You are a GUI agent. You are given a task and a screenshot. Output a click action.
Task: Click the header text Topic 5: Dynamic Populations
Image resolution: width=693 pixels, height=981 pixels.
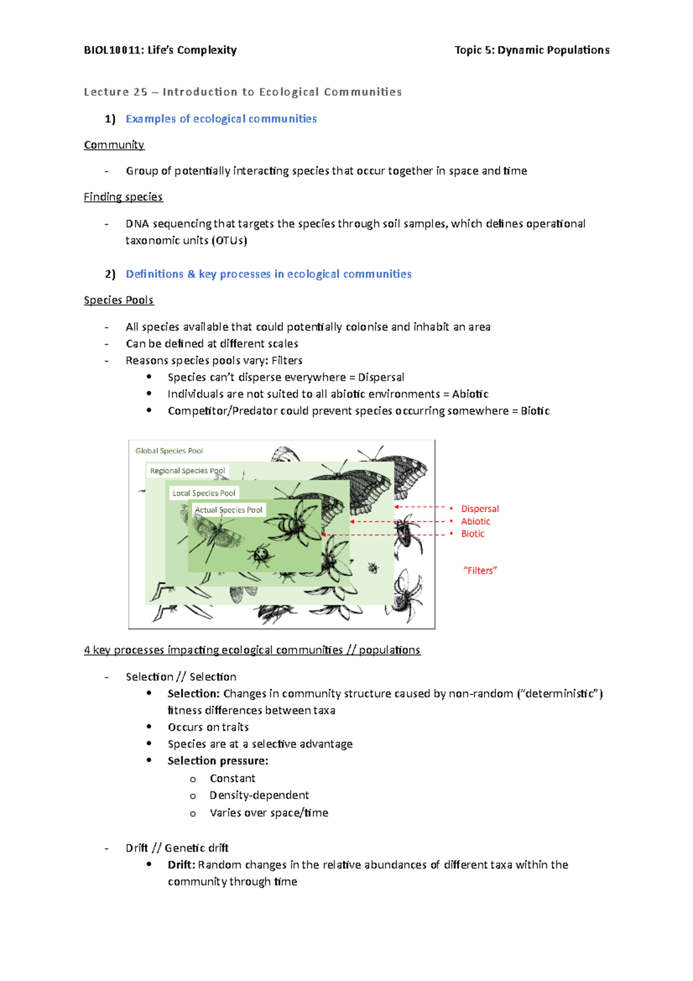[531, 50]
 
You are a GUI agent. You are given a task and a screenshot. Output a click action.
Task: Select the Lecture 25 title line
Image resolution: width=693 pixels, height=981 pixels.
[243, 92]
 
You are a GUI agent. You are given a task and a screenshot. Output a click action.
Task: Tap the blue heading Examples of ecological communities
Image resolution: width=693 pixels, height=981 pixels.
[221, 119]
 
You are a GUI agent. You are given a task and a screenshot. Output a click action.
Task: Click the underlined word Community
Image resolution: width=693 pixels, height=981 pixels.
[114, 145]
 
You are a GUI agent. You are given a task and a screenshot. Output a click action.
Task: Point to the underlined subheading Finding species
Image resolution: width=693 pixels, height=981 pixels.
[123, 197]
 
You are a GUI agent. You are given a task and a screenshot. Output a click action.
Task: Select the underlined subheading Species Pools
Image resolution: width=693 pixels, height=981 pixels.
[118, 300]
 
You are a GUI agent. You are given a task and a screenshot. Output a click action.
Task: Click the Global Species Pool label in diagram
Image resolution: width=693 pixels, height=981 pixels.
[169, 451]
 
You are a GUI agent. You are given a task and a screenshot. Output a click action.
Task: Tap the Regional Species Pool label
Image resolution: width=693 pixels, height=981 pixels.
[187, 471]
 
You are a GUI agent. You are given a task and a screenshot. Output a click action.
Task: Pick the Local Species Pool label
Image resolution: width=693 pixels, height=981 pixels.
[204, 493]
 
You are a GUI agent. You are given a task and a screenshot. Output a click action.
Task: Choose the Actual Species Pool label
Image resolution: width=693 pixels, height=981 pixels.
[229, 510]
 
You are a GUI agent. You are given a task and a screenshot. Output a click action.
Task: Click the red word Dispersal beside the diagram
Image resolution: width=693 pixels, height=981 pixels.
[479, 509]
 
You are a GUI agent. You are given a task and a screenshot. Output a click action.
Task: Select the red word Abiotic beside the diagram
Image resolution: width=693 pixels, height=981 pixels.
[475, 522]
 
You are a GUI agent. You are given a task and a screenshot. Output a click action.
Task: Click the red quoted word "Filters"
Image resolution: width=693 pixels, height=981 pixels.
[480, 571]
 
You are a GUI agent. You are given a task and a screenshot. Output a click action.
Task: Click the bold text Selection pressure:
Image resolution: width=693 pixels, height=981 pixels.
[218, 761]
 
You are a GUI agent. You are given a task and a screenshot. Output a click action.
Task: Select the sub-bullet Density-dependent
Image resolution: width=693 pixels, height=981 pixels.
[259, 796]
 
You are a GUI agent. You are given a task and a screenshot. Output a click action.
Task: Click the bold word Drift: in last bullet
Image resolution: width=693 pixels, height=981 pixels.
[181, 865]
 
